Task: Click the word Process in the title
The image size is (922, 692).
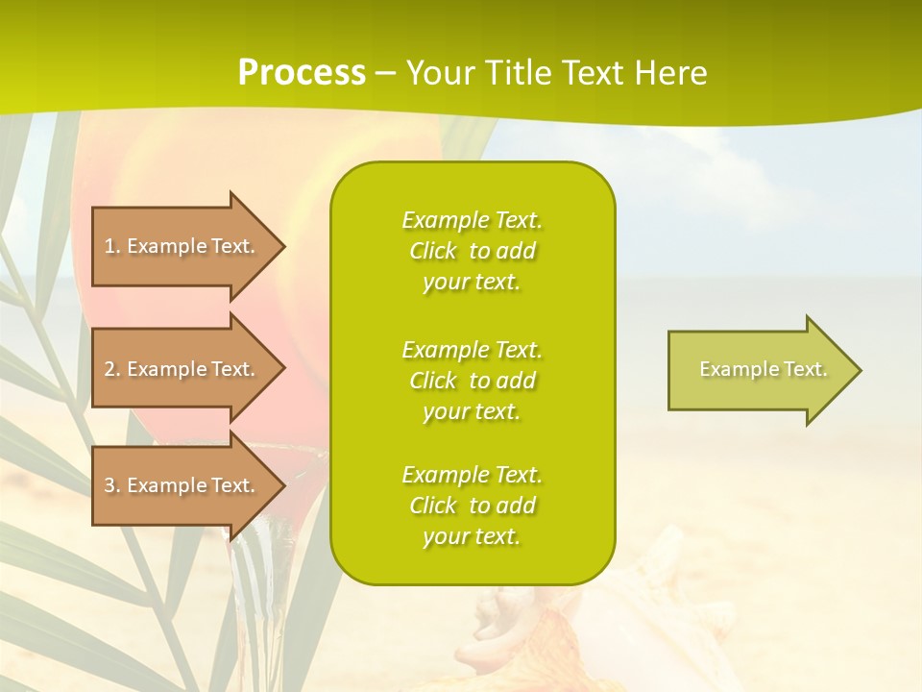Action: [302, 73]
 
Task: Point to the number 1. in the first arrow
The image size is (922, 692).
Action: [112, 246]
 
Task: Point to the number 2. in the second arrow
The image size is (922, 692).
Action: [112, 369]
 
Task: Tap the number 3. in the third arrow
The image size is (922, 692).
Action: [112, 485]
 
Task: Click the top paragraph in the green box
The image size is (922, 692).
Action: [472, 251]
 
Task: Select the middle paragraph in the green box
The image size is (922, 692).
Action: [472, 381]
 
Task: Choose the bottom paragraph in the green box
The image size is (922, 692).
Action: [472, 506]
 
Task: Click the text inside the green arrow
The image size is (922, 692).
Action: [763, 369]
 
